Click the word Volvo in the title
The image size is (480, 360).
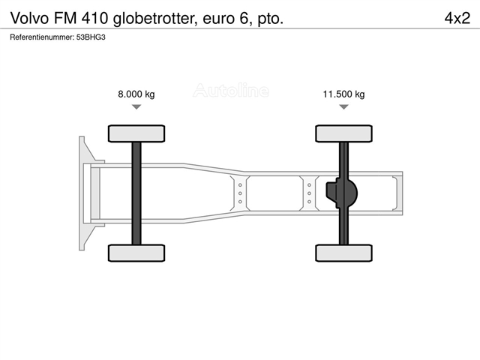coord(30,18)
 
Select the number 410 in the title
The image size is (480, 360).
coord(95,18)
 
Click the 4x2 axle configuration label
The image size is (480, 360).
coord(457,18)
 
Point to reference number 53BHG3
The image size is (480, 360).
coord(91,37)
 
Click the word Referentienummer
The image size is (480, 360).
coord(42,37)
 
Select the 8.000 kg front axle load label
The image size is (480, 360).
coord(136,94)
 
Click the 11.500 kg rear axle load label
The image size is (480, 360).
coord(343,94)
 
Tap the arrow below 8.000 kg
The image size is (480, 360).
coord(136,106)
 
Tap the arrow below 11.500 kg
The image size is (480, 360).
coord(344,106)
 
